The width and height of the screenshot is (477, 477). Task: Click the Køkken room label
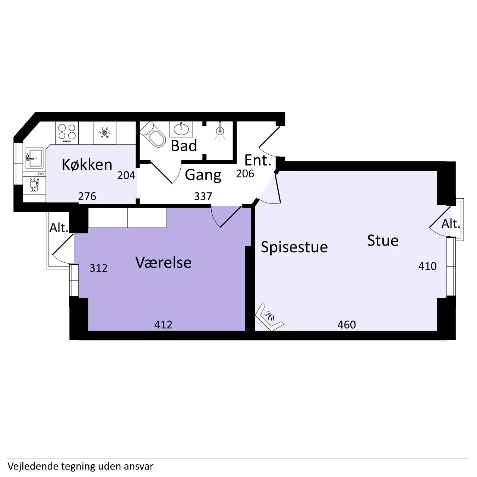coord(87,164)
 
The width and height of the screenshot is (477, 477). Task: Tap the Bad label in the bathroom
coord(184,146)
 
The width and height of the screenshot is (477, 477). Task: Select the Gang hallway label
coord(203,175)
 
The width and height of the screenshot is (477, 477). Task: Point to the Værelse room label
coord(163,262)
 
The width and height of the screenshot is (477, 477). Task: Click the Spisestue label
coord(294,247)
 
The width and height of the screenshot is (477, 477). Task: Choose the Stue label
coord(383,240)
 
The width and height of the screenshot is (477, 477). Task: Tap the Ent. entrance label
coord(258,160)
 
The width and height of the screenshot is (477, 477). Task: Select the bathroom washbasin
coord(181,129)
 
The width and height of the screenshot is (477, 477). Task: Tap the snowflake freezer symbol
coord(105,133)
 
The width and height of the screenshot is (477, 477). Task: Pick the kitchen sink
coord(34,158)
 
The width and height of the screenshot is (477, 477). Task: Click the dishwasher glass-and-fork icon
coord(34,184)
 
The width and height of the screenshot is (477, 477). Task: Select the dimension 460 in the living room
coord(347,325)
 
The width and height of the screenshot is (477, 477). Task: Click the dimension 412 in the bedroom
coord(163,325)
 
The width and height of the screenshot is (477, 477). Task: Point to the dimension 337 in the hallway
coord(203,196)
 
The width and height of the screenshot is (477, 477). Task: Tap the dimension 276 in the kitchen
coord(87,196)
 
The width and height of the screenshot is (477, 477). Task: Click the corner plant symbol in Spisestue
coord(269,317)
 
